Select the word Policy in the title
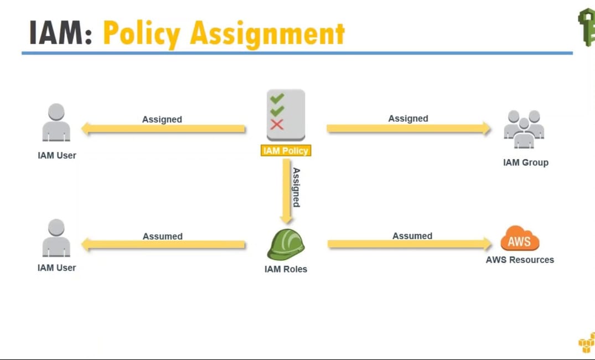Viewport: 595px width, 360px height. click(142, 34)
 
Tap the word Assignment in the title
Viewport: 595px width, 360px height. click(267, 34)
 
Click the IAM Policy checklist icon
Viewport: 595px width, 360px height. click(286, 114)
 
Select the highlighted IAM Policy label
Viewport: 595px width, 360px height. click(286, 151)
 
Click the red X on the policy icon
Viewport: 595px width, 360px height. click(277, 124)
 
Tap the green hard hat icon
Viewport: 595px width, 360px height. click(286, 245)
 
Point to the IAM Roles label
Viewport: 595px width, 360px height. click(286, 269)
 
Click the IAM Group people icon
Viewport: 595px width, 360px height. click(524, 129)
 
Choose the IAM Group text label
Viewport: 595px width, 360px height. click(525, 163)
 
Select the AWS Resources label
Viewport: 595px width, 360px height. click(520, 260)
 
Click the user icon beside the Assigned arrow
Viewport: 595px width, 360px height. click(56, 122)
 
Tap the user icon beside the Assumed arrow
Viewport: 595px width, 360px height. click(56, 238)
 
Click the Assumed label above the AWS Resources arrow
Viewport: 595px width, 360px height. click(412, 236)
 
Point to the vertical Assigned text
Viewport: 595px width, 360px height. click(297, 187)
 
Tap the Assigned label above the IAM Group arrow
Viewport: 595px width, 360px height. click(408, 119)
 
